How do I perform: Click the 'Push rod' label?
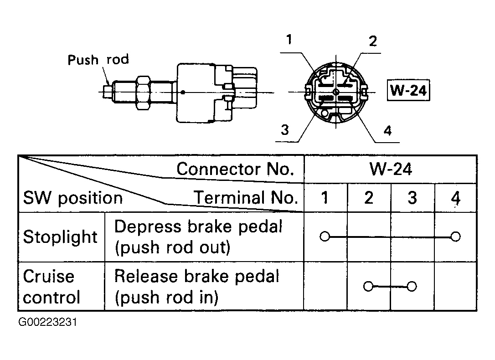click(98, 60)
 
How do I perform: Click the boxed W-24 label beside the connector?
click(408, 90)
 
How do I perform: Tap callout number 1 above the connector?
click(289, 40)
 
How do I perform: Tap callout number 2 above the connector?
click(373, 41)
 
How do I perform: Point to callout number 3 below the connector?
click(285, 130)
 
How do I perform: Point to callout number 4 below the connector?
click(387, 130)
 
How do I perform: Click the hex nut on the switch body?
click(143, 93)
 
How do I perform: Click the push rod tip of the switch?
click(107, 92)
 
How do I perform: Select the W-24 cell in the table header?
click(391, 169)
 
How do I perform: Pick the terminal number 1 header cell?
click(325, 198)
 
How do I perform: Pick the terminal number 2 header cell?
click(369, 198)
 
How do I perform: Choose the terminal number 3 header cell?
click(412, 198)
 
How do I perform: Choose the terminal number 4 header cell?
click(455, 198)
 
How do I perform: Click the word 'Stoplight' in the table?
click(60, 237)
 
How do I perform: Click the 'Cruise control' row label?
click(52, 287)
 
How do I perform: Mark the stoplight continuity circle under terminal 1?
click(325, 237)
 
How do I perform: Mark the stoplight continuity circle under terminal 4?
click(455, 237)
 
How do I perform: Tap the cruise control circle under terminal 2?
click(368, 287)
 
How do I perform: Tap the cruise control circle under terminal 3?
click(412, 287)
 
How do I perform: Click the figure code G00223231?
click(48, 322)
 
